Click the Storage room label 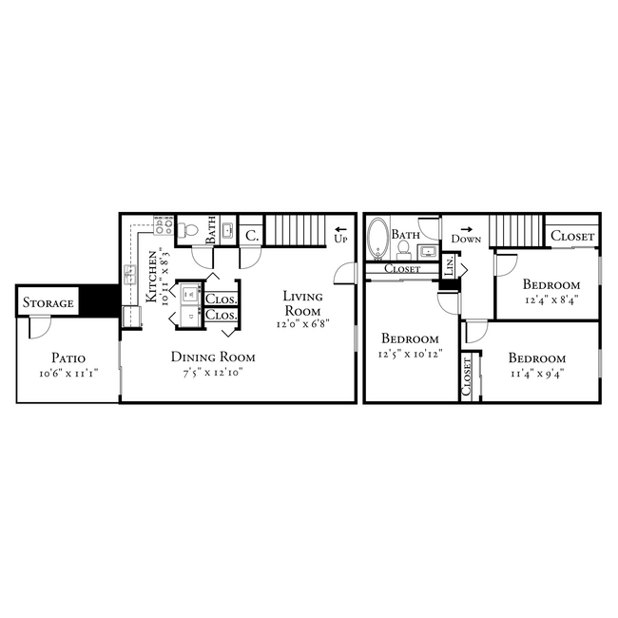pos(48,303)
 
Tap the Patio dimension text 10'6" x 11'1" pos(68,373)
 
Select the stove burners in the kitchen pos(163,228)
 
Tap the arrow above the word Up pos(339,229)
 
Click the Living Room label pos(301,304)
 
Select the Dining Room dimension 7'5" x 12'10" pos(213,373)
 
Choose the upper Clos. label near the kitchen pos(221,298)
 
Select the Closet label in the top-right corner pos(572,236)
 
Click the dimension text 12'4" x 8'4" pos(551,299)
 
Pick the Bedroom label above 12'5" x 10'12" pos(410,338)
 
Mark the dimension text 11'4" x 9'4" pos(536,373)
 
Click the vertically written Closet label pos(467,377)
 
